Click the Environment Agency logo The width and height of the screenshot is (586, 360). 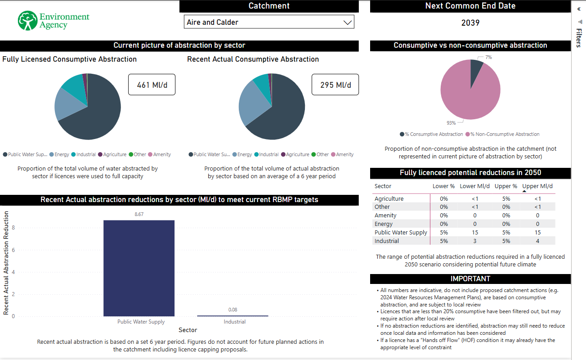click(x=54, y=21)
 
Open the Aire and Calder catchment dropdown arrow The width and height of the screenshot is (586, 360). click(x=347, y=22)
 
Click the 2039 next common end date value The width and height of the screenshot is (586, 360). click(x=470, y=23)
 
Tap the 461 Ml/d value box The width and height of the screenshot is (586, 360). click(x=152, y=85)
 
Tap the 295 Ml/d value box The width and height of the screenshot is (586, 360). click(x=335, y=85)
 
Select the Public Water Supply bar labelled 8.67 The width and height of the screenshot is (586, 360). click(x=139, y=268)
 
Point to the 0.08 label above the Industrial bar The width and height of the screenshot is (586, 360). click(x=233, y=310)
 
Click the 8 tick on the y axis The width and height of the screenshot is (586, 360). click(x=13, y=228)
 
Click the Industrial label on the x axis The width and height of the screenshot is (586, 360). click(x=235, y=322)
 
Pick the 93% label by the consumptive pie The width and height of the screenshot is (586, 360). click(x=451, y=123)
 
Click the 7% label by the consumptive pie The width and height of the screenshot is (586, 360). click(x=488, y=57)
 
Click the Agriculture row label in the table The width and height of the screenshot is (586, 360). click(x=389, y=198)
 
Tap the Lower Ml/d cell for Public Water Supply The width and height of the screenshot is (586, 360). click(x=474, y=232)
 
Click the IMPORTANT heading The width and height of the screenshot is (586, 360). click(x=470, y=279)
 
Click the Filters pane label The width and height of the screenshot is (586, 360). click(x=579, y=38)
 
